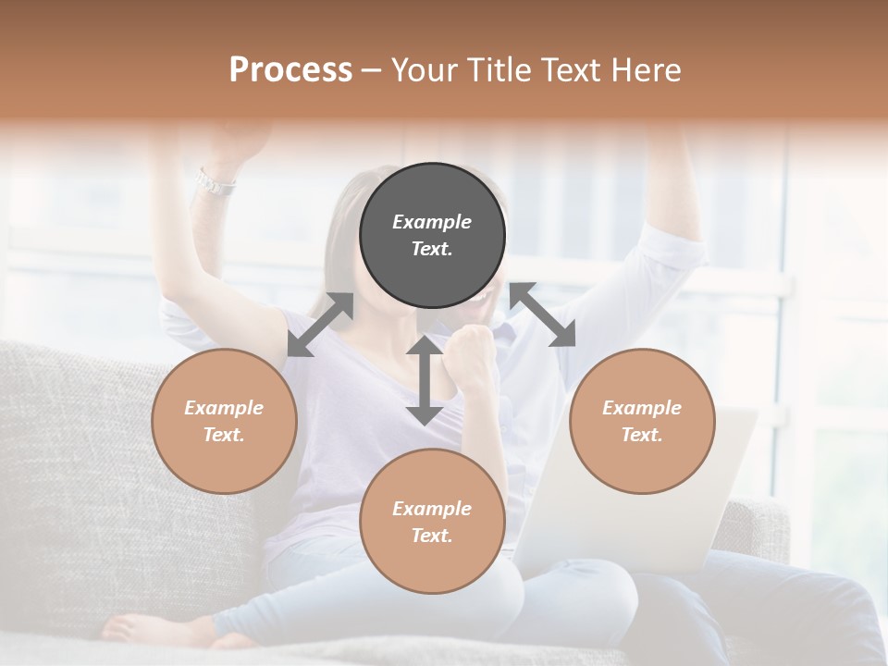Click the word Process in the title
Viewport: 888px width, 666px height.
290,70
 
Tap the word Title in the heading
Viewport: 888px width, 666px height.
499,70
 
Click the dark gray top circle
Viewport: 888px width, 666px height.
432,235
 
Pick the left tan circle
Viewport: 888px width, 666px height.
224,421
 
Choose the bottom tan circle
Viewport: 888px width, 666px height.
432,522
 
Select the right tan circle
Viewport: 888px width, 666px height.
642,421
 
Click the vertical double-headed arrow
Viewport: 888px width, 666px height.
425,380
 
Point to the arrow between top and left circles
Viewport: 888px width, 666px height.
320,325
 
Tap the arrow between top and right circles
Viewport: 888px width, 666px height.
542,315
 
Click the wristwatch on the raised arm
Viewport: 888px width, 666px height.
215,182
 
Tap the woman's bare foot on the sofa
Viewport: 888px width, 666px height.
139,629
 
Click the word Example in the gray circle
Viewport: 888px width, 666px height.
432,222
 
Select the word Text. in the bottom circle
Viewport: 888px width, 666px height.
432,536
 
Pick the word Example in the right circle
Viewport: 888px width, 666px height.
642,408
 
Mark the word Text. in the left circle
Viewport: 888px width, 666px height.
224,435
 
